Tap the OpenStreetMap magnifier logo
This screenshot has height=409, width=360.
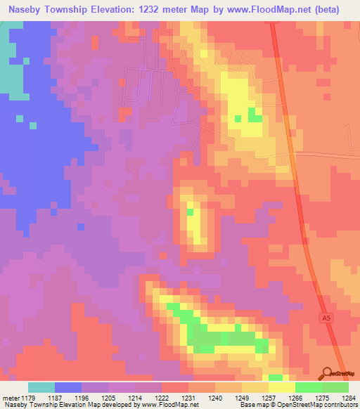(x=328, y=373)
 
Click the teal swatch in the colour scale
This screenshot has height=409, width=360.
(x=41, y=387)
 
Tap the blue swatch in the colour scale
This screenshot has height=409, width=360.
(x=68, y=387)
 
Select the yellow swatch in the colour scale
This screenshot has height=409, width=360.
(x=282, y=387)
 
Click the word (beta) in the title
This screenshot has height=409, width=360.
(x=322, y=9)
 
